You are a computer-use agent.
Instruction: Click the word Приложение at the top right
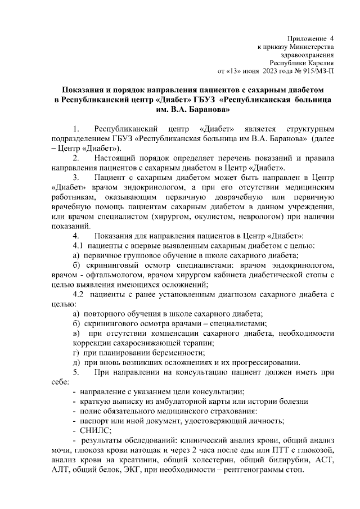(x=308, y=36)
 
